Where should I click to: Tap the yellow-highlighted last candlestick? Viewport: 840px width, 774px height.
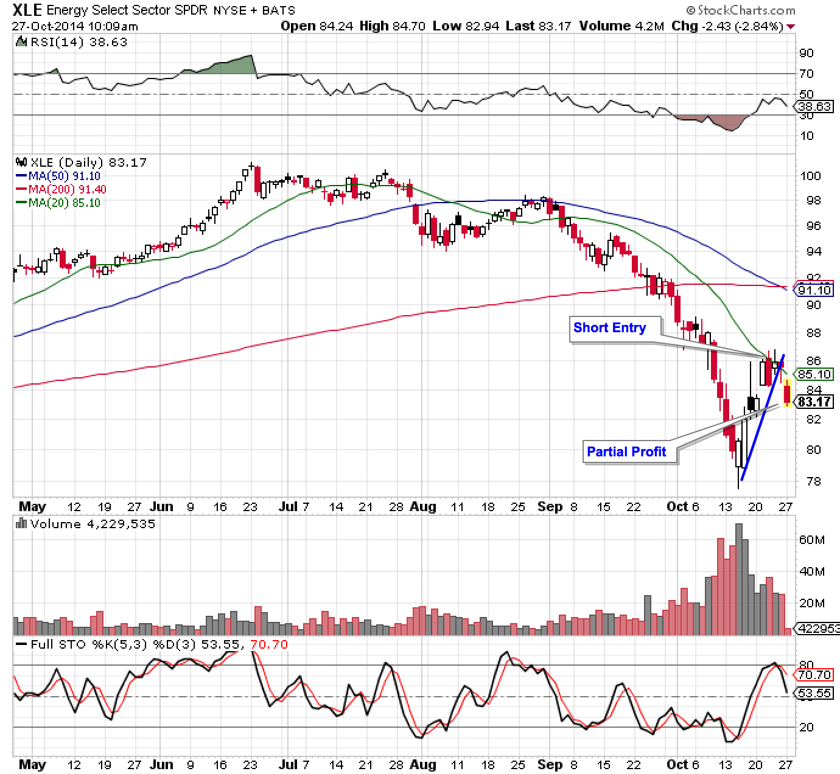pyautogui.click(x=787, y=392)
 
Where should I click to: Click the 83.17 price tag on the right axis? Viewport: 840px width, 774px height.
pyautogui.click(x=814, y=402)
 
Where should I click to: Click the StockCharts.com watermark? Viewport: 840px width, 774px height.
pyautogui.click(x=740, y=10)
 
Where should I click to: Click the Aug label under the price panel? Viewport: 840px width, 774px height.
pyautogui.click(x=423, y=506)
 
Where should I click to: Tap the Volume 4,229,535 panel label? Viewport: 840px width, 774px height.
pyautogui.click(x=85, y=524)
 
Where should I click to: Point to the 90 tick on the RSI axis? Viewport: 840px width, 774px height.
pyautogui.click(x=806, y=53)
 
